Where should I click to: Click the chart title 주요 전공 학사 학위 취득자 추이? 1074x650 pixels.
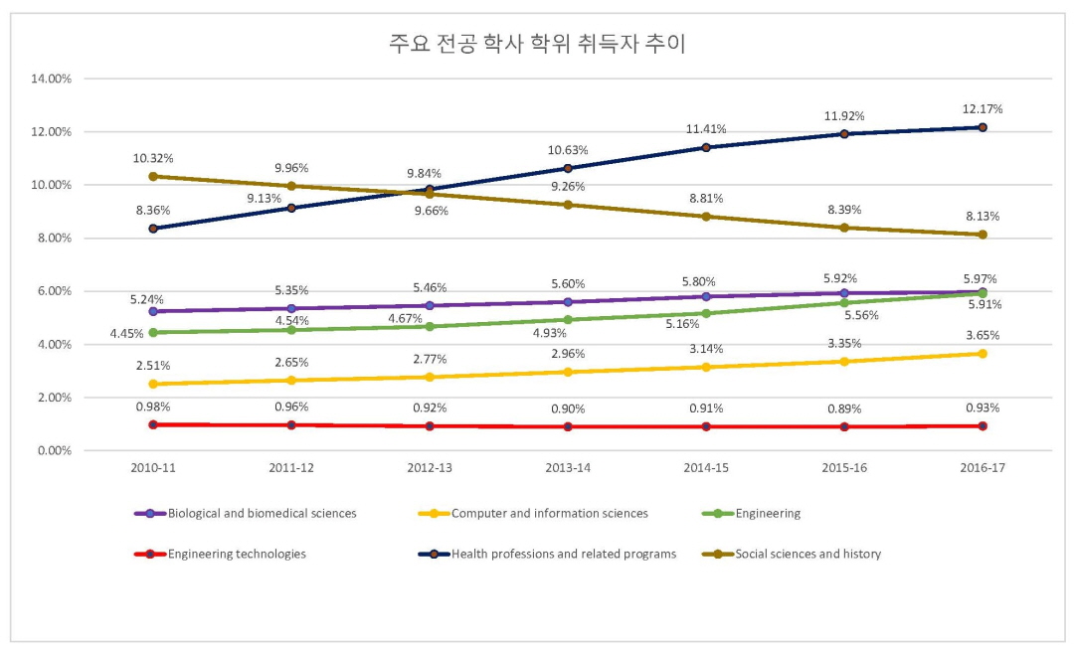[x=537, y=45]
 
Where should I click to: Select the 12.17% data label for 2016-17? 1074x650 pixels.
[x=983, y=108]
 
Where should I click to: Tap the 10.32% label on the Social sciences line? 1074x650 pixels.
[x=153, y=157]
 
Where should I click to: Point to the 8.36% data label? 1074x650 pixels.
[x=153, y=210]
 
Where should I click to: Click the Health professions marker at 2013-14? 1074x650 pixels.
[x=568, y=168]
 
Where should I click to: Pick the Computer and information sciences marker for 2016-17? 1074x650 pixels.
[x=983, y=354]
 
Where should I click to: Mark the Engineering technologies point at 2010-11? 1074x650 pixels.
[x=153, y=424]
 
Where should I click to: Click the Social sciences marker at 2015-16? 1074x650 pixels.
[x=844, y=228]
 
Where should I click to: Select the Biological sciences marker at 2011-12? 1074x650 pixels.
[x=291, y=308]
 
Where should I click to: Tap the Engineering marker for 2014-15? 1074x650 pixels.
[x=706, y=313]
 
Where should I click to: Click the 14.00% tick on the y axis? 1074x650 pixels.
[x=52, y=79]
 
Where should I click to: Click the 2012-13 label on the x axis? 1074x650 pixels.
[x=430, y=468]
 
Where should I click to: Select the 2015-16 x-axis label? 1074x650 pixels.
[x=844, y=468]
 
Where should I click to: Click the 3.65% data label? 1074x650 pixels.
[x=983, y=335]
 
